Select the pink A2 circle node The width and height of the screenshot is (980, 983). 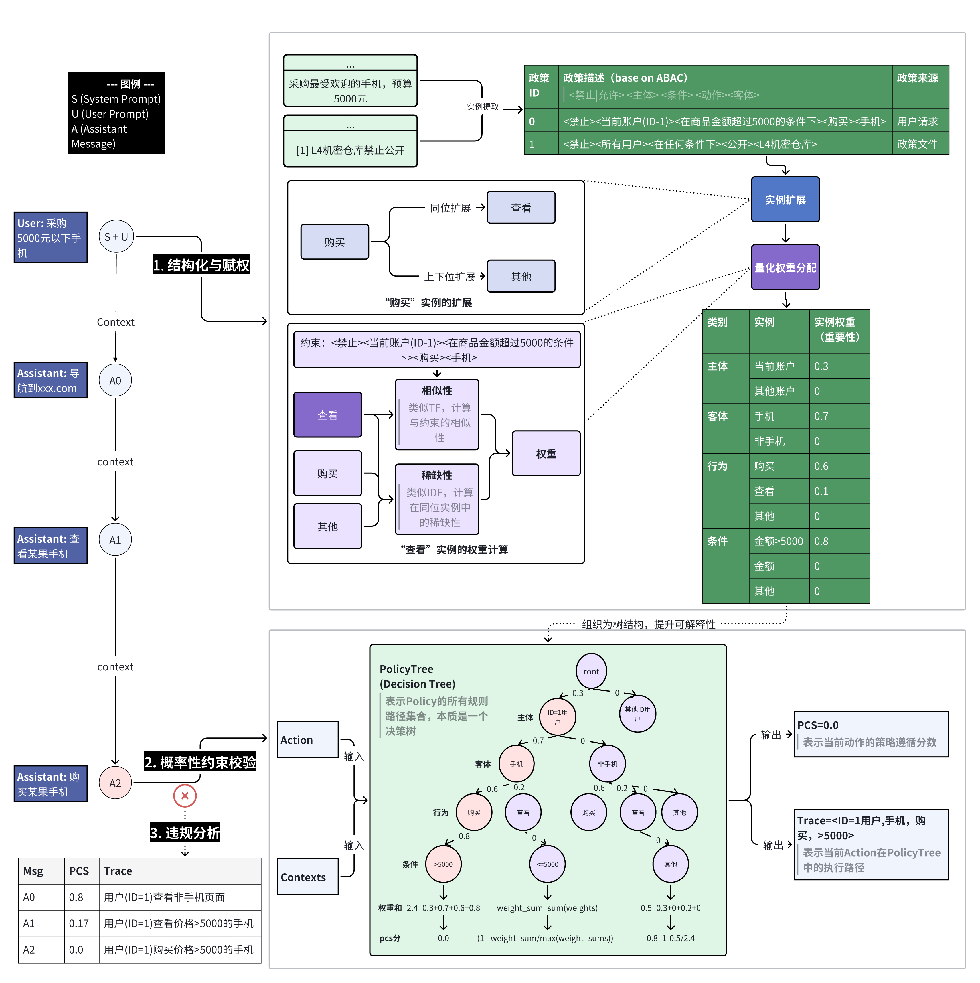pos(116,783)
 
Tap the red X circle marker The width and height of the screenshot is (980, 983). pos(185,796)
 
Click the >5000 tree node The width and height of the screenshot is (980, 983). pos(443,864)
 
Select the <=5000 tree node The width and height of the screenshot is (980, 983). pos(547,864)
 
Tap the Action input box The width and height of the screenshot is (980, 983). pos(307,739)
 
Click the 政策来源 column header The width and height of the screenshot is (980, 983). pos(917,78)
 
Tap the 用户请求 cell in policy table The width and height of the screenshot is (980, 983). pos(917,121)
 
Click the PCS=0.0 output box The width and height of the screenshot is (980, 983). pos(871,734)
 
